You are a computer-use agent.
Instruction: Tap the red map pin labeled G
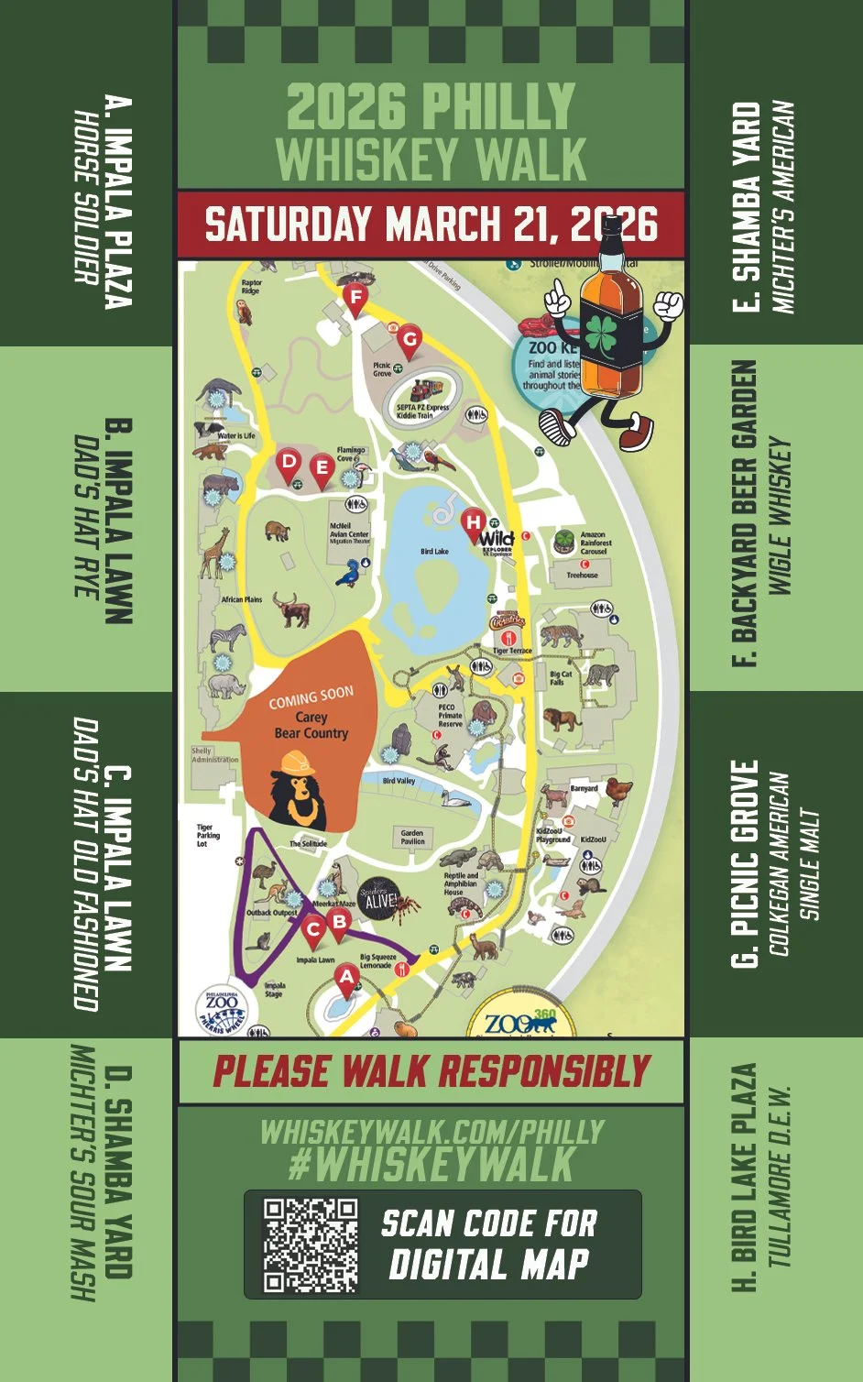409,340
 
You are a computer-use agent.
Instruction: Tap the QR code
311,1245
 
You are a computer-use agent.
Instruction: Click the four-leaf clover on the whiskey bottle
616,335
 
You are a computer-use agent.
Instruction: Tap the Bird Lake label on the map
434,552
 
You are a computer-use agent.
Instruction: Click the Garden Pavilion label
412,837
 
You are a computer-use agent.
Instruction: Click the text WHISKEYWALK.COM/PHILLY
431,1132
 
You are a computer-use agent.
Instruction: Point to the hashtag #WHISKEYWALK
431,1165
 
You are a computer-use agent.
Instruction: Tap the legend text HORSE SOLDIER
87,197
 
